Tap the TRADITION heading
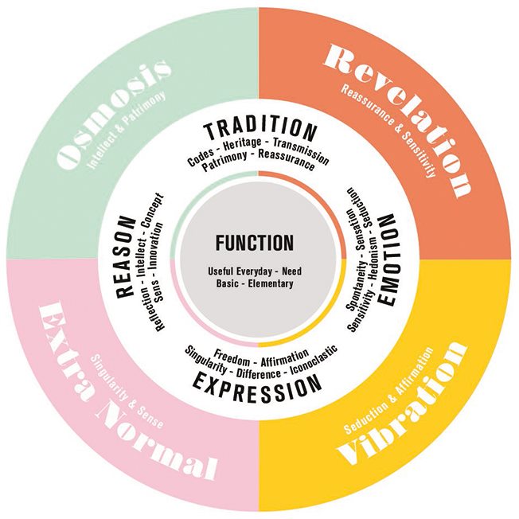tap(259, 130)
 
